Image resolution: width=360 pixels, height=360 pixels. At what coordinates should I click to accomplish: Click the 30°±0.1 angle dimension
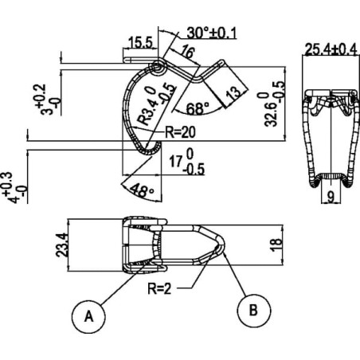point(211,33)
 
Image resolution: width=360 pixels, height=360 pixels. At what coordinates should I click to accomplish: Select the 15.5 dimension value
point(140,42)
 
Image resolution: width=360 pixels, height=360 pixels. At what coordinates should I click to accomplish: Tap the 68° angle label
point(198,108)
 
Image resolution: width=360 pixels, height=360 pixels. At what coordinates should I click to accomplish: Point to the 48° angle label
point(143,190)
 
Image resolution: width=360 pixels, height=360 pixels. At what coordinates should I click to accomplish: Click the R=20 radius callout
point(180,132)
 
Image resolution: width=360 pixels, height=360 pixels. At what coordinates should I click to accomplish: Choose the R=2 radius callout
point(159,288)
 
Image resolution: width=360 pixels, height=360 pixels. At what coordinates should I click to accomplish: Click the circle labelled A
point(88,316)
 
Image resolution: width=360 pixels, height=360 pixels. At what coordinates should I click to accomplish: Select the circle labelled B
point(254,310)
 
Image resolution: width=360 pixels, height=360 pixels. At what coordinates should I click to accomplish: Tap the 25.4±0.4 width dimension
point(331,49)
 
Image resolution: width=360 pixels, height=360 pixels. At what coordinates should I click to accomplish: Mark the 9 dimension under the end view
point(331,197)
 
